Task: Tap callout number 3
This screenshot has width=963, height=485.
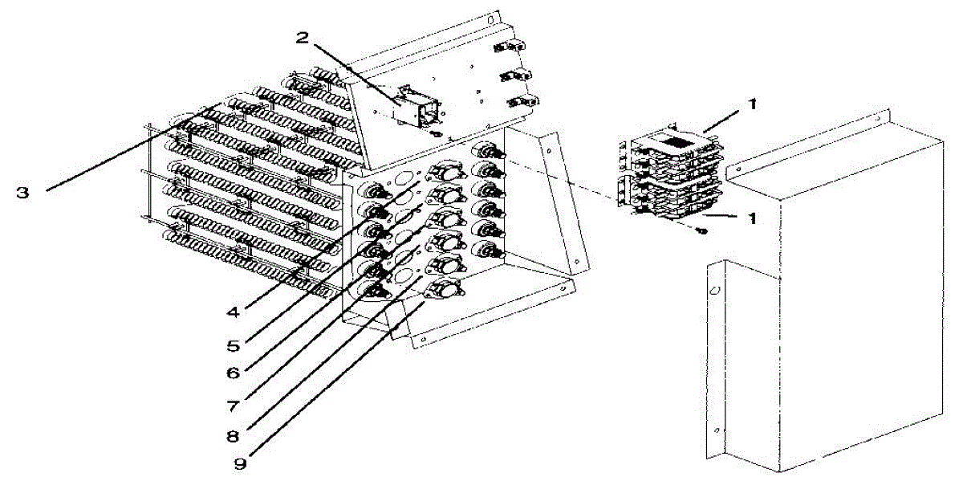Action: pyautogui.click(x=24, y=193)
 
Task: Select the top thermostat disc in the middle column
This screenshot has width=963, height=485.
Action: pyautogui.click(x=444, y=169)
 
